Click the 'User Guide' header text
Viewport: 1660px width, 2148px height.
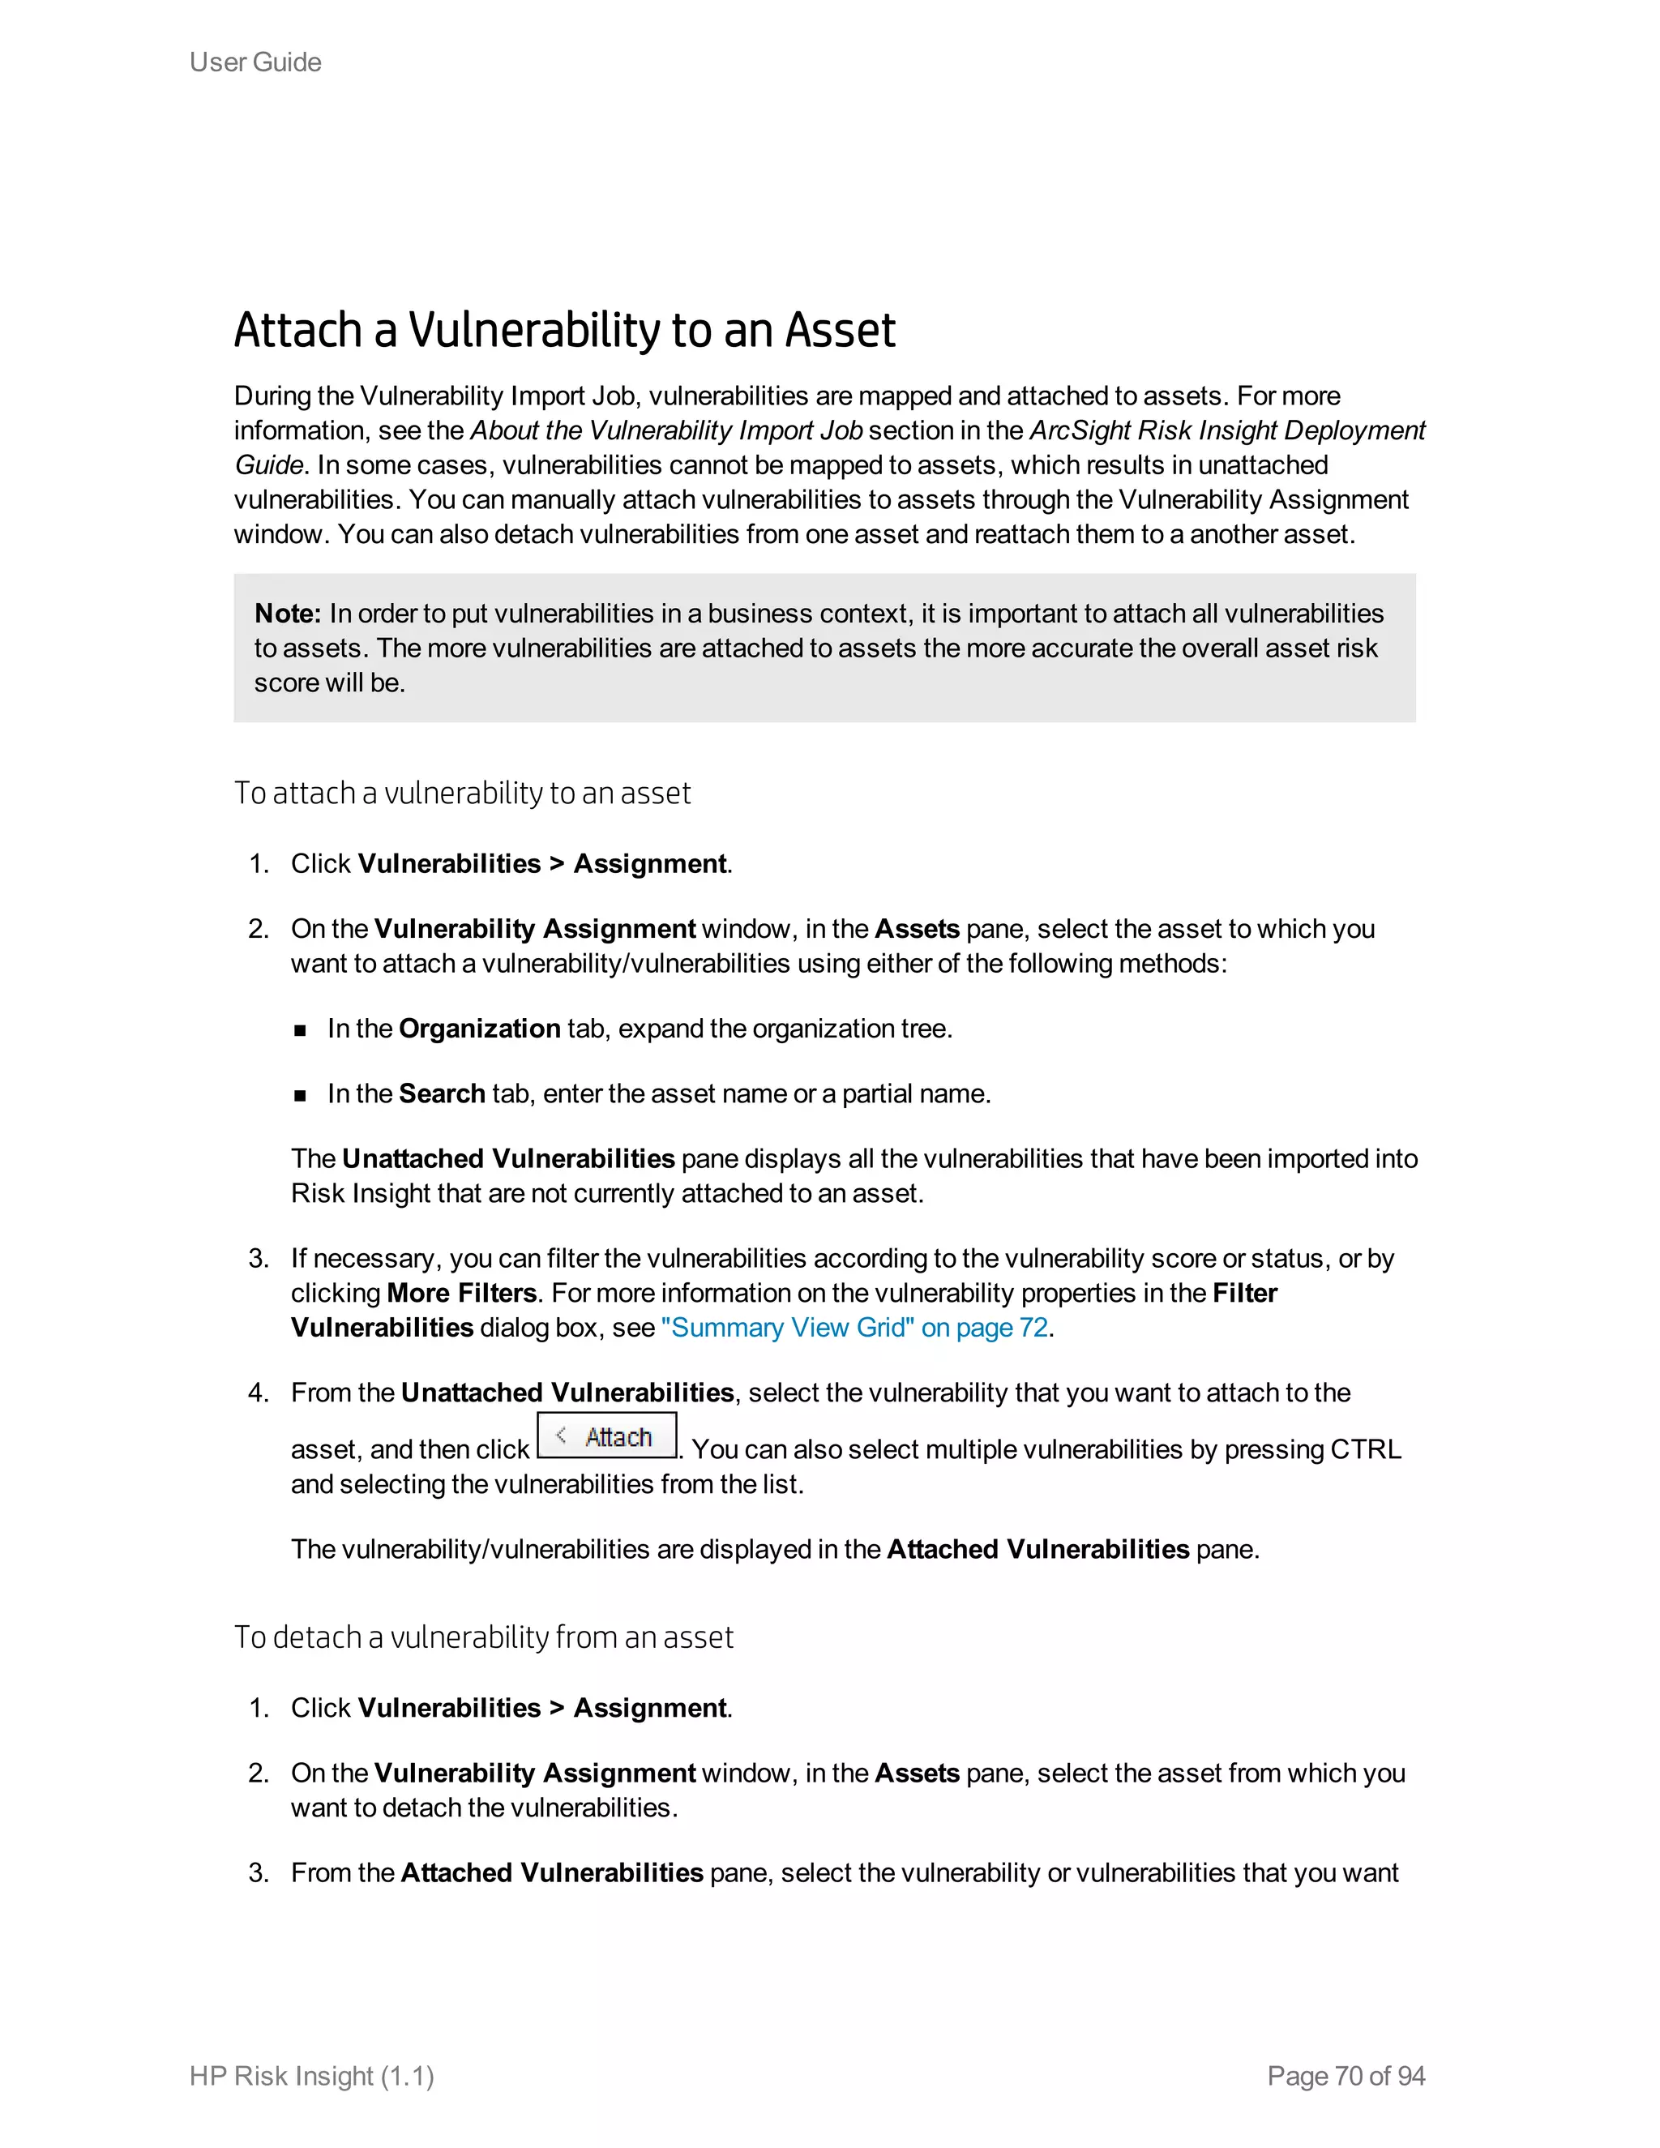[255, 62]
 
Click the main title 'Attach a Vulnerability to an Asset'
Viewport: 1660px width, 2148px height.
[563, 331]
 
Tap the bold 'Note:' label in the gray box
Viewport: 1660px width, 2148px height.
[287, 614]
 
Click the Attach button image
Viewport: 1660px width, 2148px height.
[607, 1436]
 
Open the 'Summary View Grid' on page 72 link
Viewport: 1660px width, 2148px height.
[854, 1328]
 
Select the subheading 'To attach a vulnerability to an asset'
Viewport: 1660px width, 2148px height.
[462, 793]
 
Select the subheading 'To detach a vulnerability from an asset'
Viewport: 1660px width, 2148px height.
[483, 1637]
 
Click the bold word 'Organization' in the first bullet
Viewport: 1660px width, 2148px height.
[479, 1029]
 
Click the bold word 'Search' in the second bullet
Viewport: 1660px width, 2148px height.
[442, 1093]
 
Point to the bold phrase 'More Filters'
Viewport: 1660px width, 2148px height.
[461, 1294]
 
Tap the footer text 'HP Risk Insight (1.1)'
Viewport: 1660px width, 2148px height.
[312, 2075]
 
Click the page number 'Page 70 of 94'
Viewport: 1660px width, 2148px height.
[1346, 2075]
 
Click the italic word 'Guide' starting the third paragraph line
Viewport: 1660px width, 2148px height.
[267, 465]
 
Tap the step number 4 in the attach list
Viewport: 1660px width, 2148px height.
[258, 1393]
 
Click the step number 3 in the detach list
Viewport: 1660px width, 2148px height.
[258, 1872]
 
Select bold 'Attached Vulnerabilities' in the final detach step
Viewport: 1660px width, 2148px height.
[552, 1872]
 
